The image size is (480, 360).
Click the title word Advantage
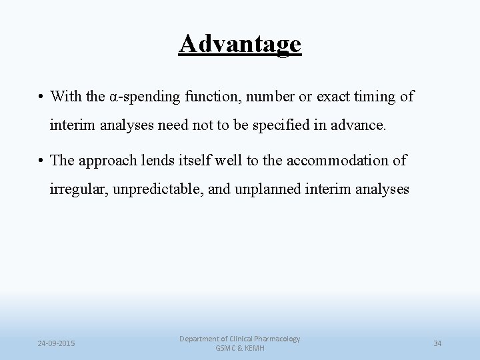[240, 45]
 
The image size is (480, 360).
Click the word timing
[377, 97]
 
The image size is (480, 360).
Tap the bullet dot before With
[41, 97]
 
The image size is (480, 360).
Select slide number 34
[437, 343]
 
